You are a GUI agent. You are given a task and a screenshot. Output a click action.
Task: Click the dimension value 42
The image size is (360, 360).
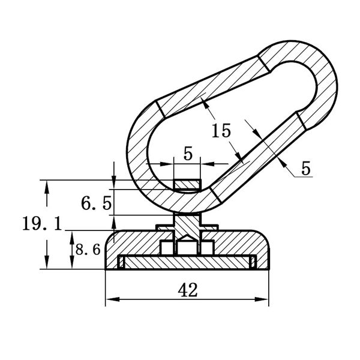click(x=188, y=290)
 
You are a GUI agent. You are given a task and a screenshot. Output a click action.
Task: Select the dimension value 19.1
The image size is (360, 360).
click(x=42, y=224)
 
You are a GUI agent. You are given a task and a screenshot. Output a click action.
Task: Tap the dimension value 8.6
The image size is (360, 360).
click(x=88, y=250)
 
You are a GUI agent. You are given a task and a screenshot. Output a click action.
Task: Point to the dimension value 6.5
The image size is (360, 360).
click(x=97, y=203)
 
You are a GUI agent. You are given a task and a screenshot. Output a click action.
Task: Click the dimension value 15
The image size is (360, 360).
click(x=221, y=131)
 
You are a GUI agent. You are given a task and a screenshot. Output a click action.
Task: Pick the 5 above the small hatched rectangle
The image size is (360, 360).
click(x=188, y=154)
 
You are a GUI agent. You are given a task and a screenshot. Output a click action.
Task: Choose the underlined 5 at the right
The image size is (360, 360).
click(x=306, y=168)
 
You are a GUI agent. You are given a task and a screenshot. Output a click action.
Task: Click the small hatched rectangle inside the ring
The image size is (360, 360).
click(x=187, y=185)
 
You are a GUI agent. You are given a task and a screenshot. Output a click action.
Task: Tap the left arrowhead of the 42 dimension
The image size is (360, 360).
click(x=113, y=299)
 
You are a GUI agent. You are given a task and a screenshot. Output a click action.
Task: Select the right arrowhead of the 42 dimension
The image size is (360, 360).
click(x=262, y=299)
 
